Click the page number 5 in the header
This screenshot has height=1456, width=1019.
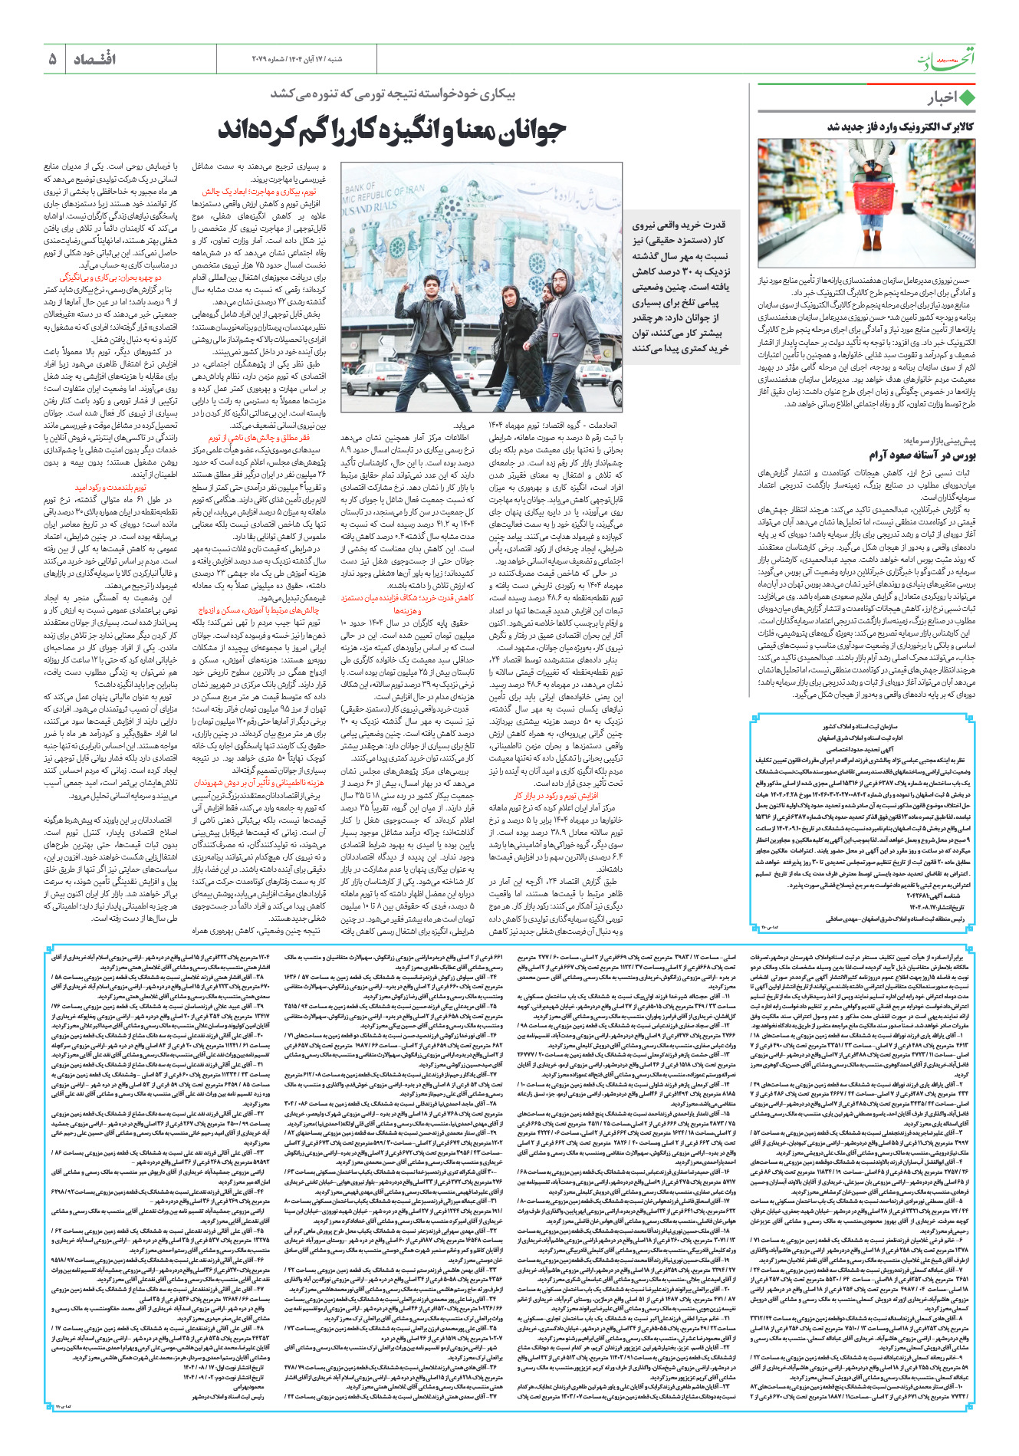pyautogui.click(x=53, y=59)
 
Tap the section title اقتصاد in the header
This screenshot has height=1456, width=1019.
pyautogui.click(x=94, y=59)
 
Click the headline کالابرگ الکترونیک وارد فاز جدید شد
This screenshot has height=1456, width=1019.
pyautogui.click(x=900, y=126)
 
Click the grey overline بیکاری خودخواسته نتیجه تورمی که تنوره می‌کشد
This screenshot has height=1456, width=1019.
pyautogui.click(x=393, y=94)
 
